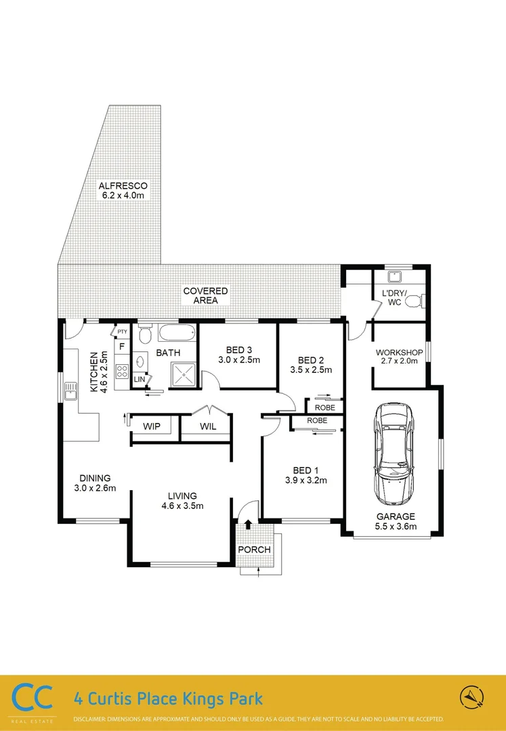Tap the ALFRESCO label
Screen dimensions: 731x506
click(123, 185)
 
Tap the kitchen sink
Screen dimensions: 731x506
click(70, 391)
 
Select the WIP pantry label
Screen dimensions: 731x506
click(152, 426)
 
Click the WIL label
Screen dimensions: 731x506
click(208, 426)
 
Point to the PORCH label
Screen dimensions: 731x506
click(254, 550)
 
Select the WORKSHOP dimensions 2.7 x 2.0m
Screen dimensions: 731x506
click(399, 361)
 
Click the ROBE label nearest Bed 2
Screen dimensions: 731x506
click(325, 407)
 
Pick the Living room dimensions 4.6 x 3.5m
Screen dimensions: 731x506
click(182, 506)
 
